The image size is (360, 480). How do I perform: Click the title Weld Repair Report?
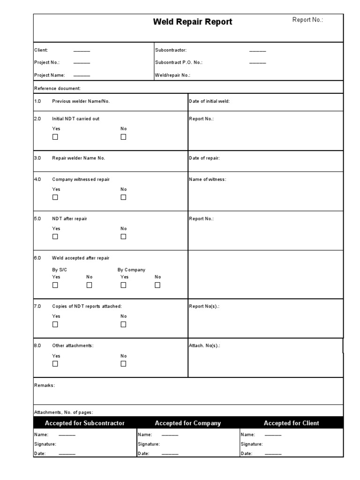[193, 22]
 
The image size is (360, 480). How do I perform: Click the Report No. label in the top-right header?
[307, 20]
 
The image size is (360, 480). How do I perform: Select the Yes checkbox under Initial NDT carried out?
[55, 137]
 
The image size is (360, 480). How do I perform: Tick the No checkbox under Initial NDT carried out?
[123, 137]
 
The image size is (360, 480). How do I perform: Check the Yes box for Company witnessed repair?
[55, 197]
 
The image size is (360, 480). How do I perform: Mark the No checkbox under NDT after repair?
[123, 237]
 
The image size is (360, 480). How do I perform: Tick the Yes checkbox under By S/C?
[55, 285]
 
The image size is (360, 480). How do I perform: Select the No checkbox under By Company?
[157, 285]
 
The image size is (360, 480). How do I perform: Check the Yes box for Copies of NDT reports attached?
[55, 324]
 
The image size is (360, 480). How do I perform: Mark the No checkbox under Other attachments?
[123, 364]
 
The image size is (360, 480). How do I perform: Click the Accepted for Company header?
[187, 423]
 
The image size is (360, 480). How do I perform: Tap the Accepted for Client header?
[291, 423]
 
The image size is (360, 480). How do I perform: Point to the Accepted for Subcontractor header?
[84, 423]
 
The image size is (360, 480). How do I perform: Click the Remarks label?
[45, 385]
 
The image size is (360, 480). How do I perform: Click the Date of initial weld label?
[209, 101]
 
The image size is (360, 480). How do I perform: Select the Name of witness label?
[207, 180]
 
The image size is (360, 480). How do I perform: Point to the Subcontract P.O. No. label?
[179, 62]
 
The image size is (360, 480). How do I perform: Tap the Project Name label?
[50, 75]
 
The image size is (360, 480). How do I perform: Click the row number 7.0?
[38, 306]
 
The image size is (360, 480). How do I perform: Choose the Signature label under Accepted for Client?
[252, 444]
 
